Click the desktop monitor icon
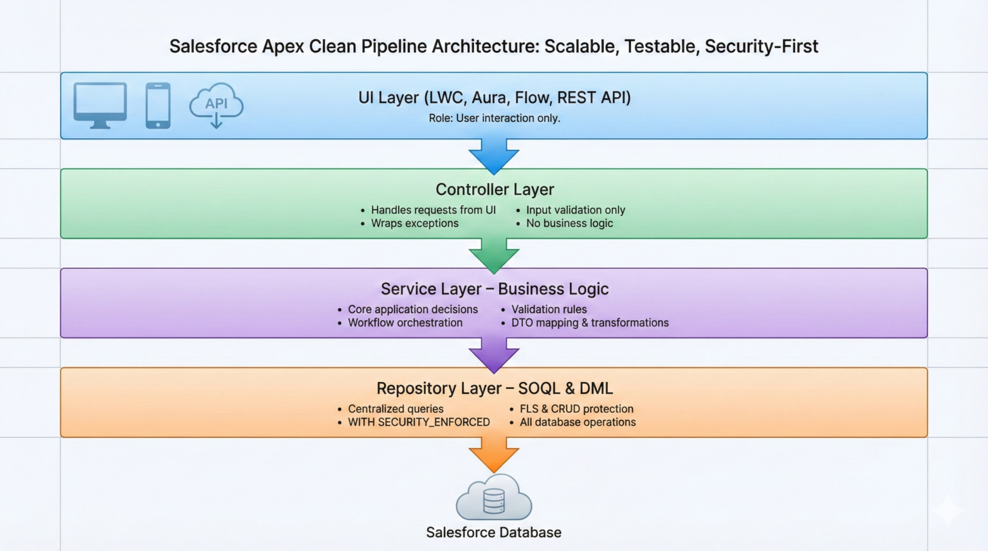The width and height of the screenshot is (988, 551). click(x=100, y=105)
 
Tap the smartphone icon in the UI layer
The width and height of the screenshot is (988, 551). click(x=158, y=105)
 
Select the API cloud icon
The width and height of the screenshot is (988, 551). click(x=216, y=105)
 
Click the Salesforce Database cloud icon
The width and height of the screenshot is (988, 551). click(x=494, y=498)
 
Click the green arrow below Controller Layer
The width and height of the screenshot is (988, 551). click(x=494, y=255)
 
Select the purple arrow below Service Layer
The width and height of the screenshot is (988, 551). click(x=494, y=354)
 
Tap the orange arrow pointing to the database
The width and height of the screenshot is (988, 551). click(x=494, y=454)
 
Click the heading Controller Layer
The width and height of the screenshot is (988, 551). click(x=495, y=190)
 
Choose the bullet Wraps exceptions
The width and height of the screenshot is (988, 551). click(x=414, y=223)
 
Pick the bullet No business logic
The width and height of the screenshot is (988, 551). click(x=569, y=223)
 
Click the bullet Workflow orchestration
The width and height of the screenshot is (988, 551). click(x=405, y=323)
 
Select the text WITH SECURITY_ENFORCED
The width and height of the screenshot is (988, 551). click(x=419, y=422)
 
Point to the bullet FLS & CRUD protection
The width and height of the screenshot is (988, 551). click(x=576, y=409)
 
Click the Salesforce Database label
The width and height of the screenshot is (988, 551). click(x=493, y=532)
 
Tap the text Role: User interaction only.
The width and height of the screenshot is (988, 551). click(x=494, y=118)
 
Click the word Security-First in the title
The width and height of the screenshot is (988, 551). click(x=761, y=46)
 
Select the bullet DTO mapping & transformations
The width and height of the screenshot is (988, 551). click(x=590, y=323)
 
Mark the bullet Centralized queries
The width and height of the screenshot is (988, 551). click(x=396, y=409)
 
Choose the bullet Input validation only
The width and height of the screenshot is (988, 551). click(x=575, y=210)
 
